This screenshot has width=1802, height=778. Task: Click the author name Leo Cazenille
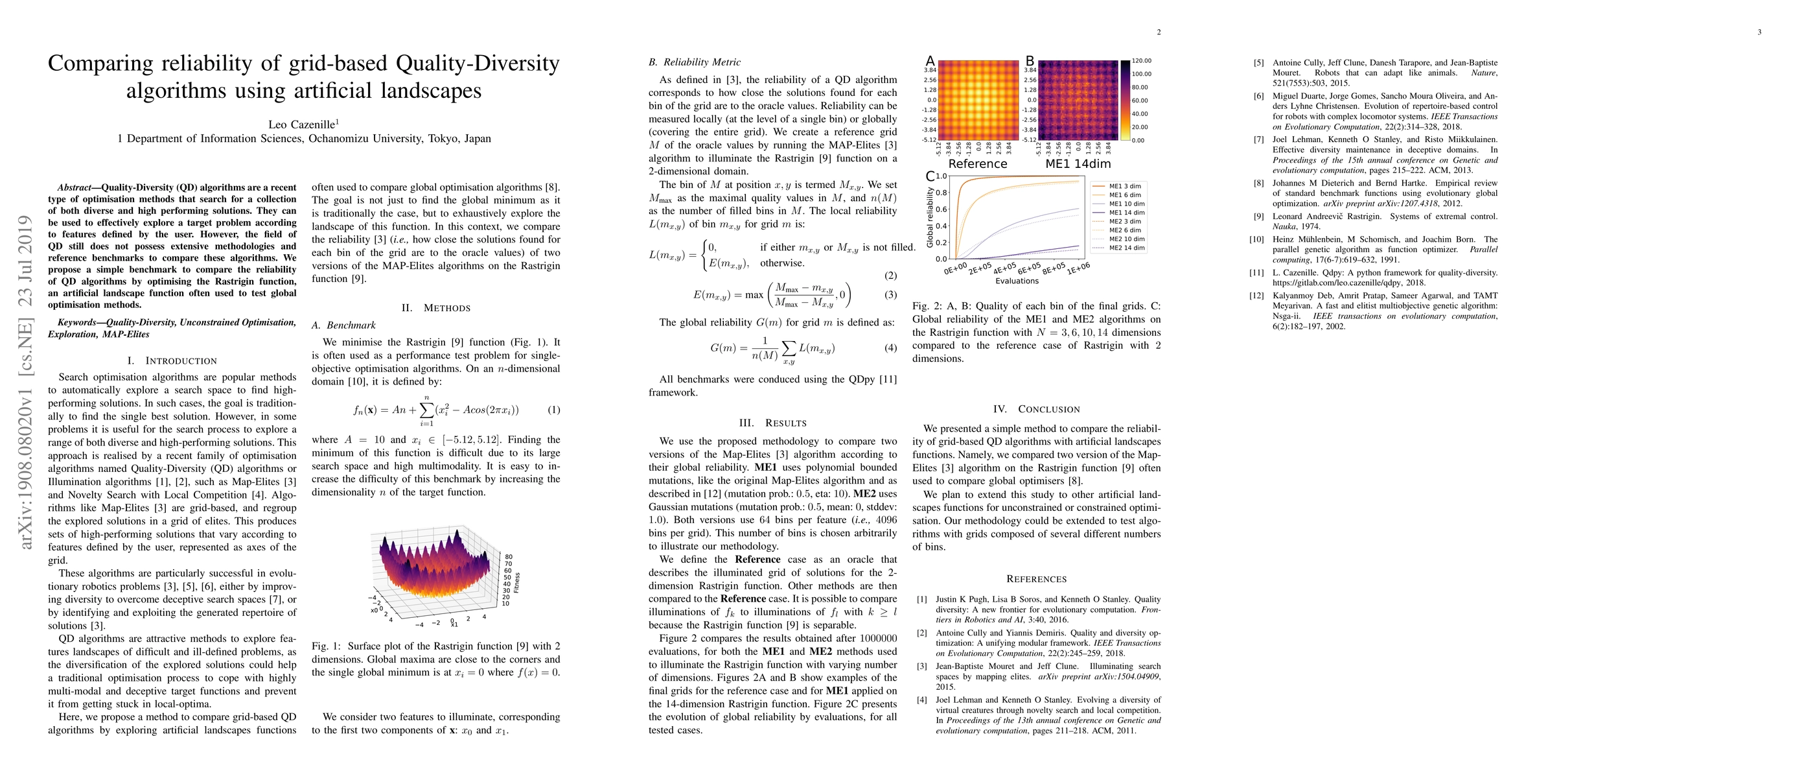tap(302, 124)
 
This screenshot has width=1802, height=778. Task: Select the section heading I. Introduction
tap(172, 360)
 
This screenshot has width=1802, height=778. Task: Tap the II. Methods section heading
tap(436, 308)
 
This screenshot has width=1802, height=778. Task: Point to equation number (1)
tap(553, 410)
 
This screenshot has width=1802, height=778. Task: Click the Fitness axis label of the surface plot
tap(517, 582)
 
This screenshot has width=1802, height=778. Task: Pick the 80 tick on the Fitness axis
tap(509, 557)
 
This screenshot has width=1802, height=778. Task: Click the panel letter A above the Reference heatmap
tap(930, 62)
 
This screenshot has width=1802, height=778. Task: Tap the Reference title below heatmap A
tap(977, 164)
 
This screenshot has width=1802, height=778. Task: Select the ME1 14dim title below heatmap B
tap(1078, 164)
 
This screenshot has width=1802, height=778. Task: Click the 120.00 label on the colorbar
tap(1142, 61)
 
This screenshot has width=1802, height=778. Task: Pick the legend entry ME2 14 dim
tap(1126, 248)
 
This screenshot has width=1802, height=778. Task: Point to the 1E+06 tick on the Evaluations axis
tap(1078, 268)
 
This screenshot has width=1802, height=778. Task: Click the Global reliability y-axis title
tap(930, 217)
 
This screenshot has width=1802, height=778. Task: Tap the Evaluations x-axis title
tap(1017, 281)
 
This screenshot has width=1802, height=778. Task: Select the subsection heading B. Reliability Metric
tap(694, 62)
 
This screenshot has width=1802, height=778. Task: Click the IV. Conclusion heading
tap(1036, 409)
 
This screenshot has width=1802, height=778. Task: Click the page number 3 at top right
tap(1759, 32)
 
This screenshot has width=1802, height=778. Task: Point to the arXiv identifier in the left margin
tap(26, 381)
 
